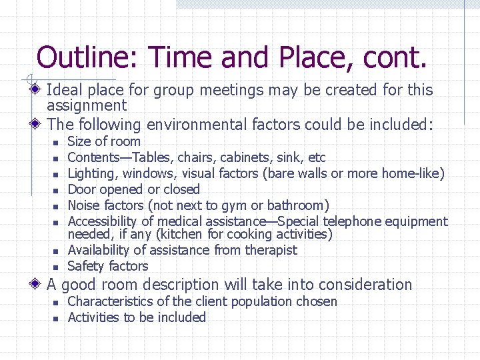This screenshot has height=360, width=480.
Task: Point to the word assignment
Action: (87, 105)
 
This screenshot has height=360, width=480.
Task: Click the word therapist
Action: (269, 250)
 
